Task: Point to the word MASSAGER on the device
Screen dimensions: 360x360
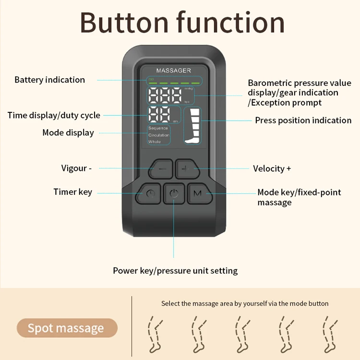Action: click(x=173, y=71)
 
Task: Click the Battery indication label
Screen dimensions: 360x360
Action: click(x=49, y=80)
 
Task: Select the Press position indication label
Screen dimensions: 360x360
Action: click(x=303, y=120)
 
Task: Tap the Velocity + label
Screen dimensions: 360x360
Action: click(x=272, y=168)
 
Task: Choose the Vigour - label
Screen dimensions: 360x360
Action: click(x=76, y=168)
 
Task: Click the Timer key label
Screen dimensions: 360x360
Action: click(x=72, y=192)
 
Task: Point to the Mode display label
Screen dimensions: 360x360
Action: click(x=68, y=132)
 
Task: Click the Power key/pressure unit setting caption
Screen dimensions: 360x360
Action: click(x=175, y=271)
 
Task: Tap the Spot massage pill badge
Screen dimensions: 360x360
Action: click(x=66, y=328)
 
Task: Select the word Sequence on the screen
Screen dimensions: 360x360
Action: click(x=158, y=128)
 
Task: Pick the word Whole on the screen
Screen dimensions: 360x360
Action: click(x=155, y=142)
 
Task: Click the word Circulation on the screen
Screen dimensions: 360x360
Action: click(x=159, y=135)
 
